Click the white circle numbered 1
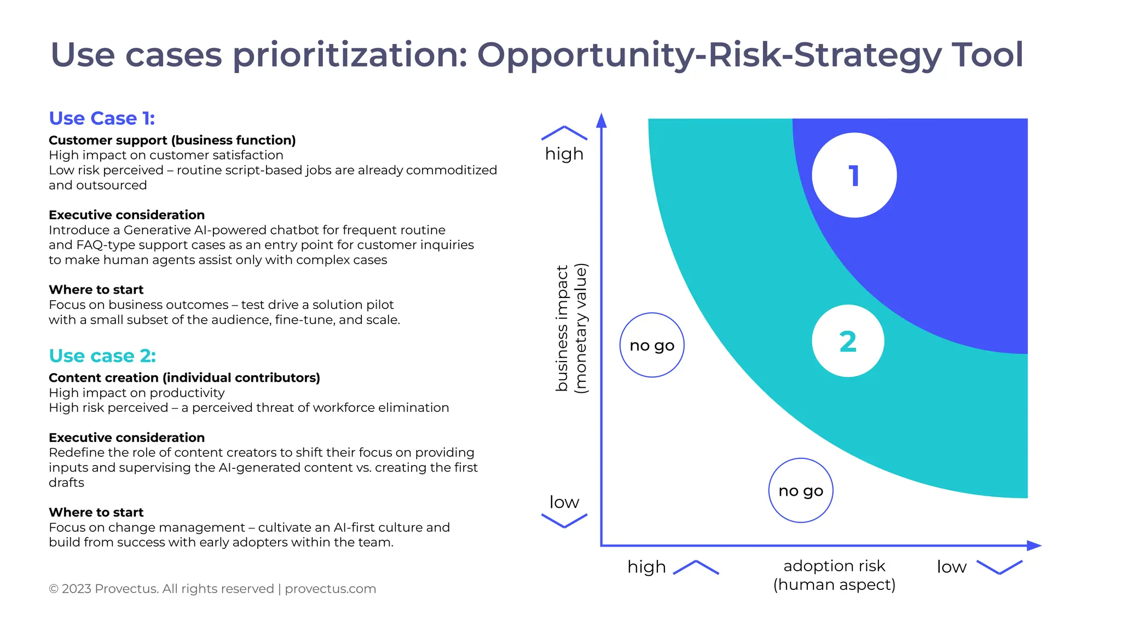pos(854,175)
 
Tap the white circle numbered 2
pos(848,341)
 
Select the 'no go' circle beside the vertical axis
pos(652,345)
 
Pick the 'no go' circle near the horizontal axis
pos(801,490)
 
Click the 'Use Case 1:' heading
pos(102,118)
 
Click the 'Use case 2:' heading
pos(102,355)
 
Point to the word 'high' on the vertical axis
pos(564,154)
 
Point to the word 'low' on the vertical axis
pos(564,502)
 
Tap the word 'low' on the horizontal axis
pos(951,566)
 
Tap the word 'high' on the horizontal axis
pos(646,566)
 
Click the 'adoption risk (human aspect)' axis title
pos(834,575)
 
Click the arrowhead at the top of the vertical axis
pos(601,120)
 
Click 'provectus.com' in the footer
pos(330,589)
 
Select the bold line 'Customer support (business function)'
pos(172,140)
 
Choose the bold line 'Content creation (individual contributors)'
pos(184,378)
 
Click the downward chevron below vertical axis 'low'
pos(564,521)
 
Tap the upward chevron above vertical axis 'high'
pos(564,133)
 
